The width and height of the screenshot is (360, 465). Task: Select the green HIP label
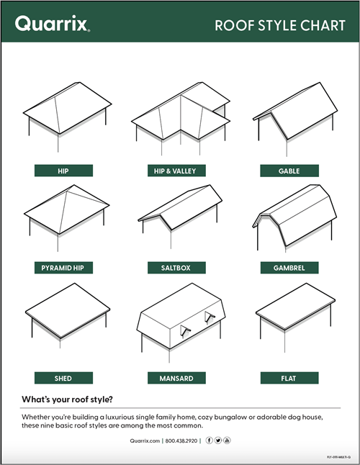tap(63, 171)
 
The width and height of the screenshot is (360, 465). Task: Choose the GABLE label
tap(289, 171)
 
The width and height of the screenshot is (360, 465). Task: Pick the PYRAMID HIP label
tap(63, 268)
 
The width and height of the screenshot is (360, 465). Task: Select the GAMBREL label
tap(289, 268)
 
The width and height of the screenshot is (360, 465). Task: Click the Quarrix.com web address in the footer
tap(145, 440)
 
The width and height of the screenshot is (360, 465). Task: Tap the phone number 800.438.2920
tap(183, 440)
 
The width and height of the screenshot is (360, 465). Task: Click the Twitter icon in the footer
tap(219, 440)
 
